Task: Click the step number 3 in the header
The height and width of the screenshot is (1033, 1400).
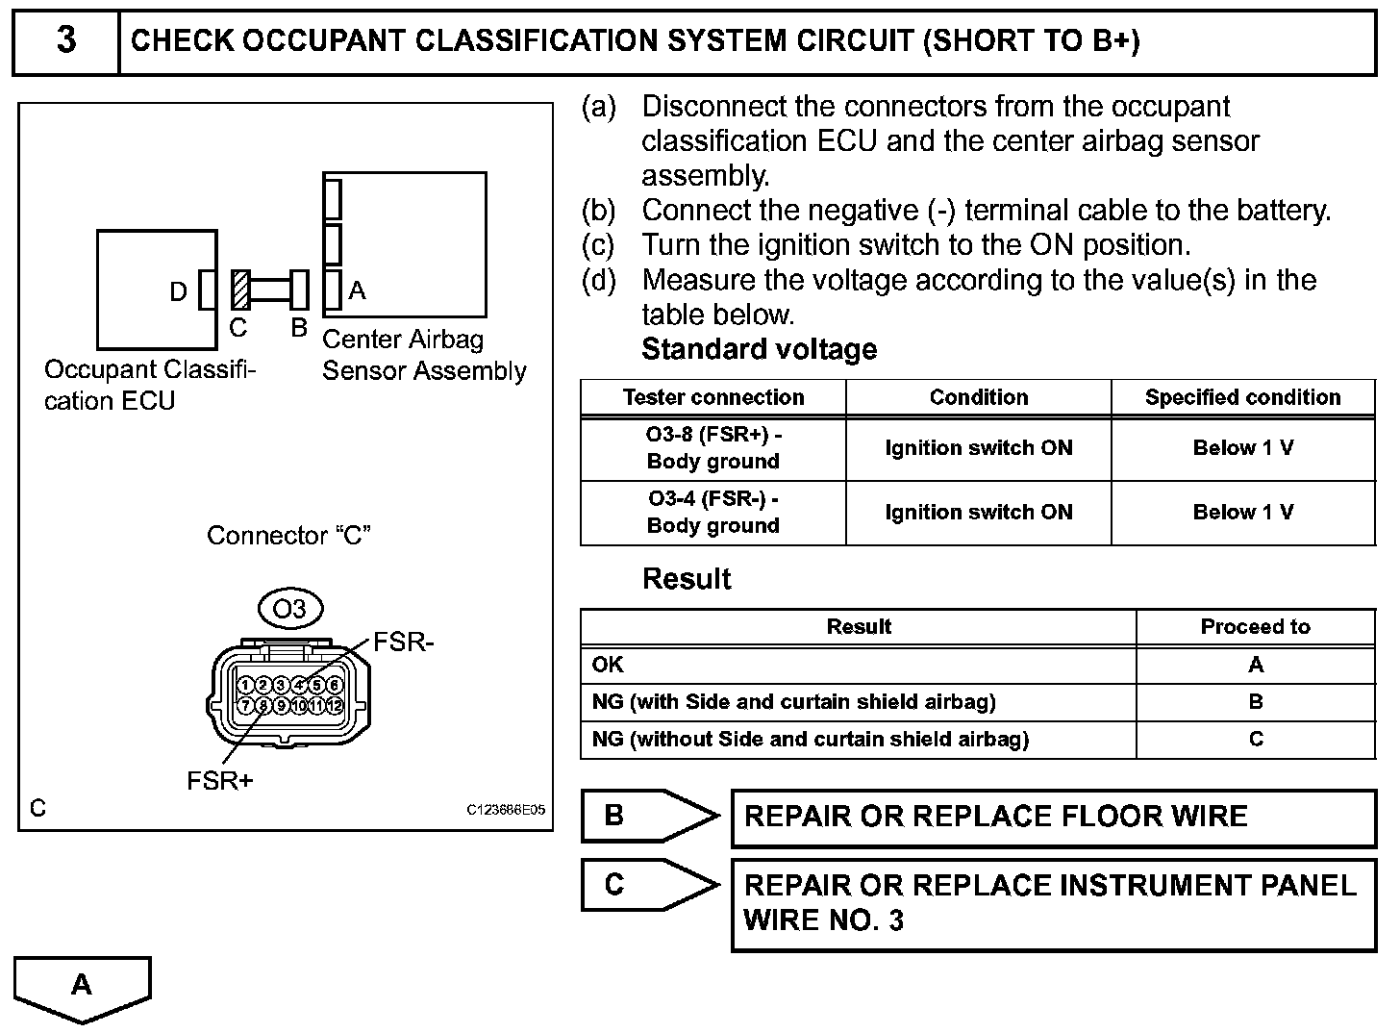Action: pos(65,41)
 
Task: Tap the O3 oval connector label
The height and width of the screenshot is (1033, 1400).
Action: pos(289,609)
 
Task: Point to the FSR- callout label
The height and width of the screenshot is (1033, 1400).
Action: pos(404,642)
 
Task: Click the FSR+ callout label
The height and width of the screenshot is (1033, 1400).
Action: pos(220,781)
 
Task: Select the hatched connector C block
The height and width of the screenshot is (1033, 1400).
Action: pos(240,289)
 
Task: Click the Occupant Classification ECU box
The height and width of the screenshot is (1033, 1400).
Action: pos(157,289)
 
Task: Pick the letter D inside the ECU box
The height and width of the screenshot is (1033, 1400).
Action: pos(179,291)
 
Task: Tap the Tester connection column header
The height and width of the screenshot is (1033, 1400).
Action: pos(713,397)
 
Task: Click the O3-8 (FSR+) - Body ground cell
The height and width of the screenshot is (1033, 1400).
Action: pos(713,448)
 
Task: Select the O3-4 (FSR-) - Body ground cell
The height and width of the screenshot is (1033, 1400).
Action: pos(713,513)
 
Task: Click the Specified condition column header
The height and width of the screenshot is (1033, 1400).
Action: pos(1242,397)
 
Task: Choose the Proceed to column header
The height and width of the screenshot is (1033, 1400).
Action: pos(1255,627)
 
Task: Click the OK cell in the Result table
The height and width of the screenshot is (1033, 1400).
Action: pos(608,665)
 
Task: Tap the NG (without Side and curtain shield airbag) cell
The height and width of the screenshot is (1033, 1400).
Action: pos(810,740)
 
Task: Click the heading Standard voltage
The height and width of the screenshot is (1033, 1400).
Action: pos(759,349)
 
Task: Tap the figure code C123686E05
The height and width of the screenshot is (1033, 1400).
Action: pos(506,810)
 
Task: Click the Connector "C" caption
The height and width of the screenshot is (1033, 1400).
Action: pos(288,536)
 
